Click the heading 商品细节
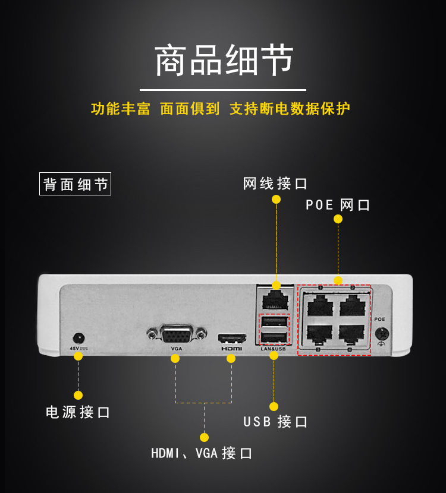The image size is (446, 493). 224,61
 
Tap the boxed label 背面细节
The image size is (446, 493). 75,184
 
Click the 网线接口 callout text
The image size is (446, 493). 275,184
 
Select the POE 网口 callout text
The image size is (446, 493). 338,206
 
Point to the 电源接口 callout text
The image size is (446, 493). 78,412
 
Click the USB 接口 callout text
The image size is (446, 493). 275,422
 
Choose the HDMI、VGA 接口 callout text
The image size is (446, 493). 202,454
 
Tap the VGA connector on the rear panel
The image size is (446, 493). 177,334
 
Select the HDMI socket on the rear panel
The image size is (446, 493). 232,339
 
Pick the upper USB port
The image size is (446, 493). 274,323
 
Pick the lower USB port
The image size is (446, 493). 274,337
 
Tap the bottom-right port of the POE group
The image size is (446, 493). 351,333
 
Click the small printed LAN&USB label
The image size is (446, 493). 274,349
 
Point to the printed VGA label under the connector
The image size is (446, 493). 177,349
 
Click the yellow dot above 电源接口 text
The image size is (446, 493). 78,395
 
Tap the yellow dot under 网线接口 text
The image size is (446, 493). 276,200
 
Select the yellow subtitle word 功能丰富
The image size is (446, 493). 121,109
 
